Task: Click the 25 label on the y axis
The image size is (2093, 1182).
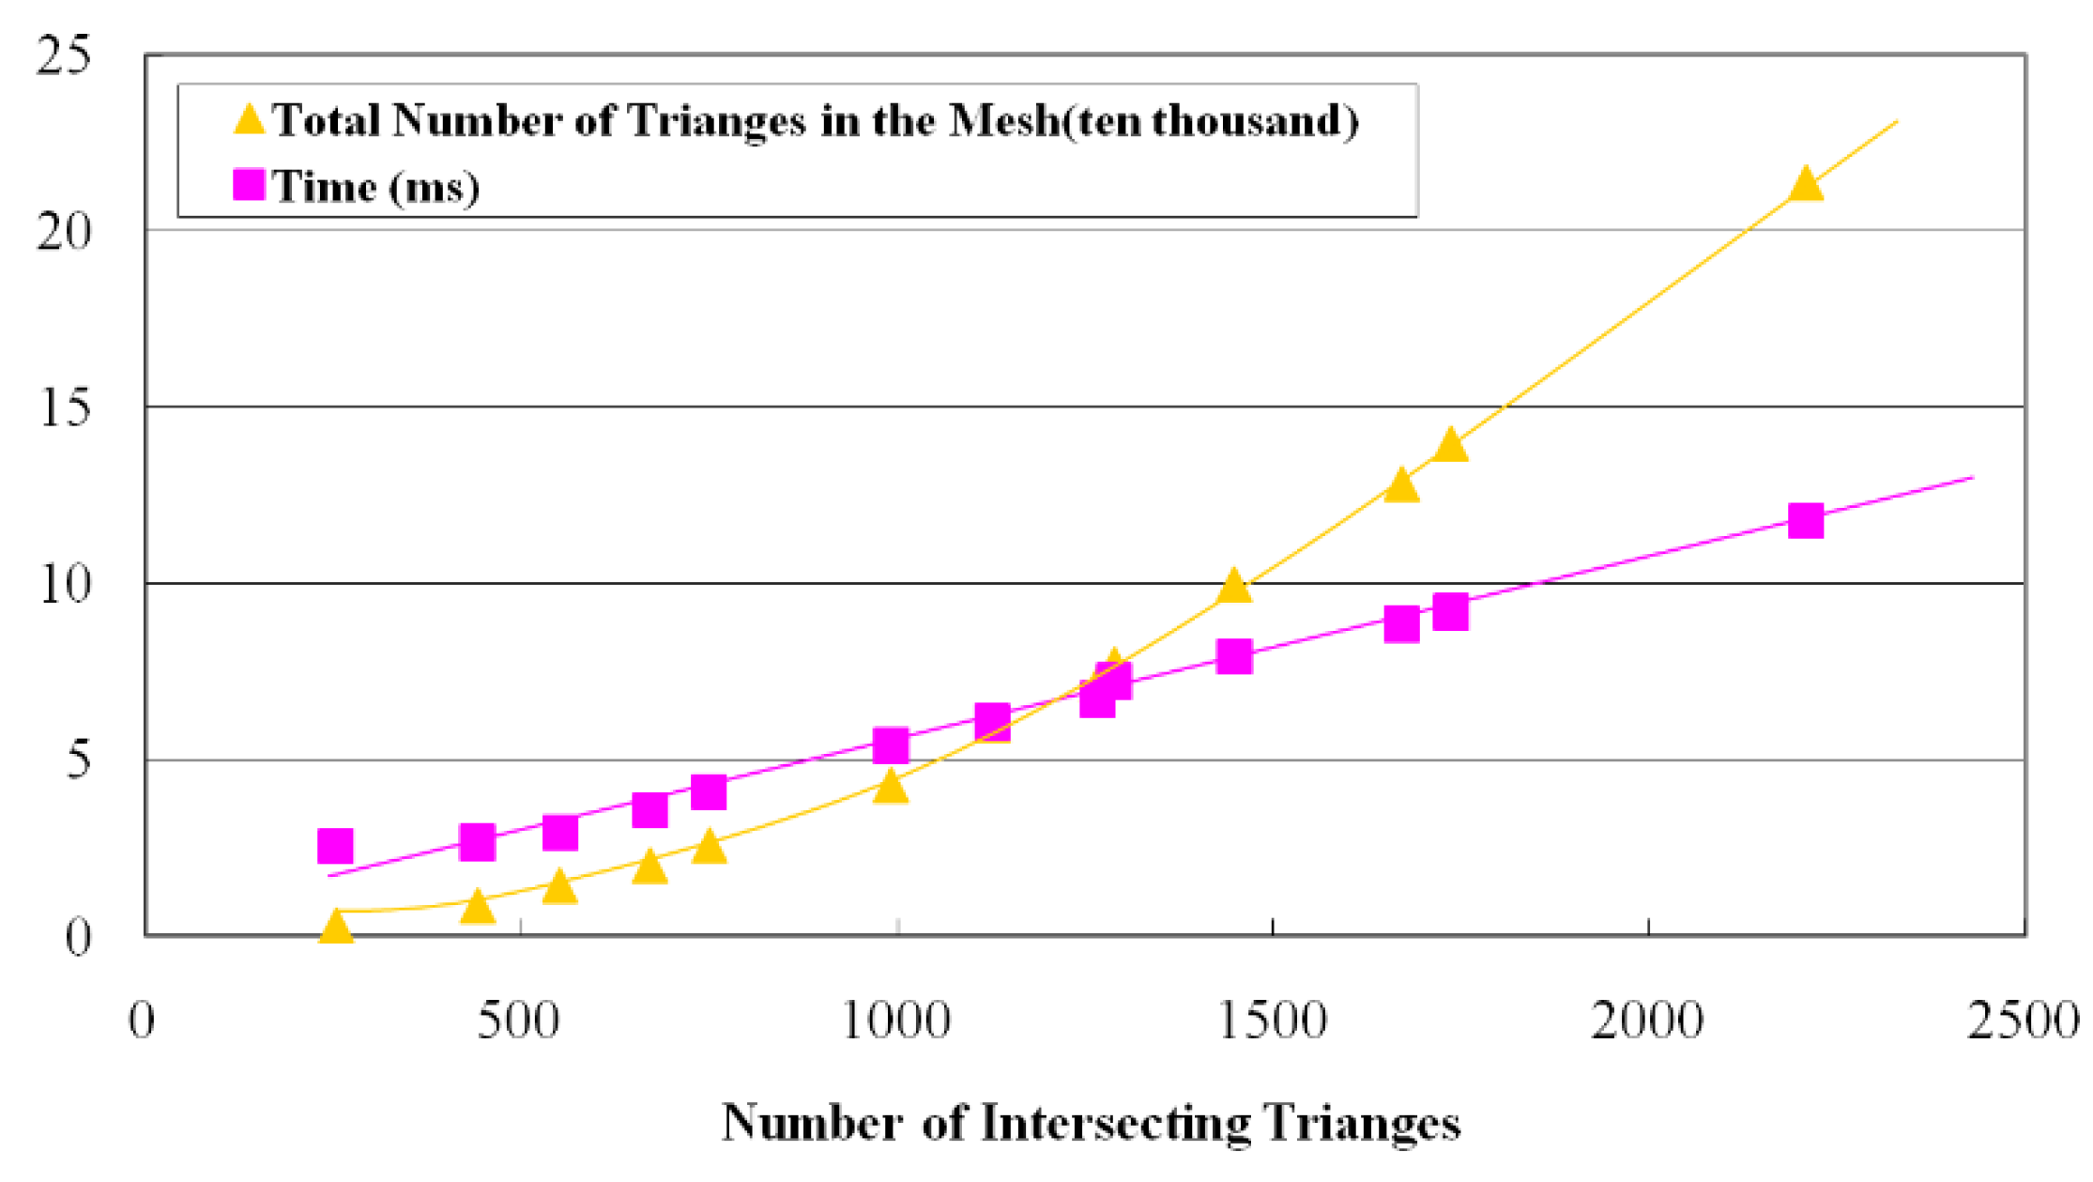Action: [x=63, y=55]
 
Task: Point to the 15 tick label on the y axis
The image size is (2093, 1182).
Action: [x=65, y=408]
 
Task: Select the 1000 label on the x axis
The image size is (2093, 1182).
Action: [x=896, y=1021]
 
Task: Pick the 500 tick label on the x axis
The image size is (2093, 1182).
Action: [x=518, y=1021]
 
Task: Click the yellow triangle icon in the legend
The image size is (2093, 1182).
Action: [x=250, y=120]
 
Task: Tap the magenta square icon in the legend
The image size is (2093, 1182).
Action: [x=249, y=185]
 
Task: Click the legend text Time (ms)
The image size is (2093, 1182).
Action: [x=376, y=187]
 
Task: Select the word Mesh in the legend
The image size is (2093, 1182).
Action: [x=1003, y=121]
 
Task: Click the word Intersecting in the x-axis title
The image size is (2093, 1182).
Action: [x=1117, y=1123]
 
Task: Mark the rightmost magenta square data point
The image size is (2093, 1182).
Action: [x=1806, y=520]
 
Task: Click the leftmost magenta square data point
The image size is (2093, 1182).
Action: [x=335, y=846]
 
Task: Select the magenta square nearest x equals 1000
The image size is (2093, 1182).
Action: [x=891, y=745]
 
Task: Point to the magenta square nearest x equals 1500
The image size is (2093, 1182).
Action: [x=1234, y=656]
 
